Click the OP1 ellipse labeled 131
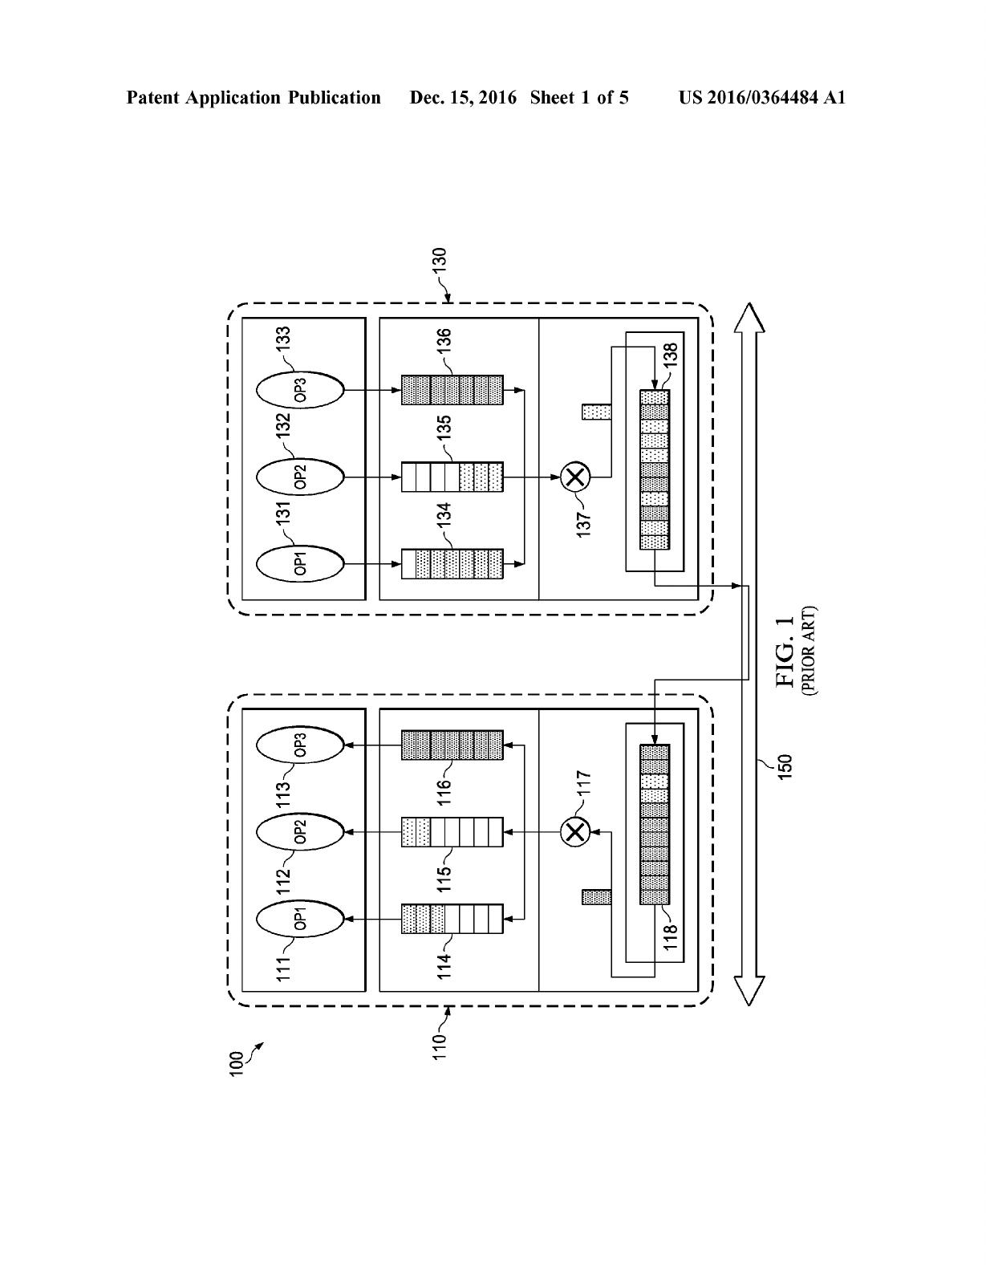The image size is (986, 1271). tap(300, 563)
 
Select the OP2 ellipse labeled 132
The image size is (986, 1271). tap(300, 476)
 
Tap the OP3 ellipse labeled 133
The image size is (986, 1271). tap(300, 389)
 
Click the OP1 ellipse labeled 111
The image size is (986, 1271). tap(300, 919)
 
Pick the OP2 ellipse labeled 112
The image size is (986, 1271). tap(300, 831)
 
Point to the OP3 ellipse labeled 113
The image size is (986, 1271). tap(300, 745)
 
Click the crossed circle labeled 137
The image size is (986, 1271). tap(575, 477)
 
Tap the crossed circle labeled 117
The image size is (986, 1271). tap(575, 831)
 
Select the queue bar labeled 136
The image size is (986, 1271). tap(452, 389)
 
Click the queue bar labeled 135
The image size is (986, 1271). tap(452, 477)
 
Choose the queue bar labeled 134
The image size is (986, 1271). tap(452, 564)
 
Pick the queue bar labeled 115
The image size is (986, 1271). tap(452, 832)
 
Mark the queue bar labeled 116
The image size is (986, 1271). tap(452, 745)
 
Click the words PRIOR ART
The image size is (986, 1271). tap(810, 651)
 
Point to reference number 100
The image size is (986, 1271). tap(236, 1065)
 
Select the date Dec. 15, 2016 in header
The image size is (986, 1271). tap(463, 98)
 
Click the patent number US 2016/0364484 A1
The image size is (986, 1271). tap(762, 98)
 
